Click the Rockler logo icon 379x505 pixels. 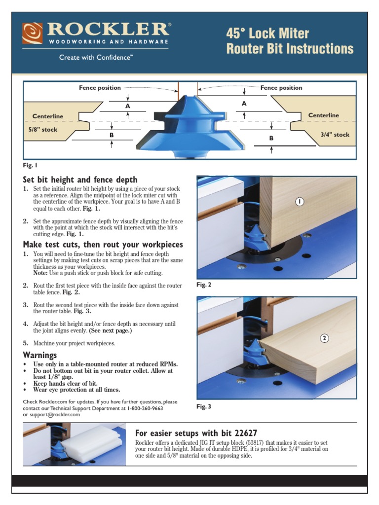[32, 33]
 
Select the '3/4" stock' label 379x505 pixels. [334, 135]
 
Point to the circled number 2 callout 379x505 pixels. [324, 338]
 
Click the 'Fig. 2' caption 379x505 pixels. [204, 285]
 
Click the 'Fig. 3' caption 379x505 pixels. [204, 406]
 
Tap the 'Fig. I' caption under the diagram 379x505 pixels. [30, 165]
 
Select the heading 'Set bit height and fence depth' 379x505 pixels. [80, 180]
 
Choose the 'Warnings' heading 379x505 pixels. [40, 355]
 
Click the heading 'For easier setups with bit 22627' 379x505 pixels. [196, 433]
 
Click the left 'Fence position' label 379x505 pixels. [100, 88]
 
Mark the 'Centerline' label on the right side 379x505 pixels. [323, 115]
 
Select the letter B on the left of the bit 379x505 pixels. [112, 134]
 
